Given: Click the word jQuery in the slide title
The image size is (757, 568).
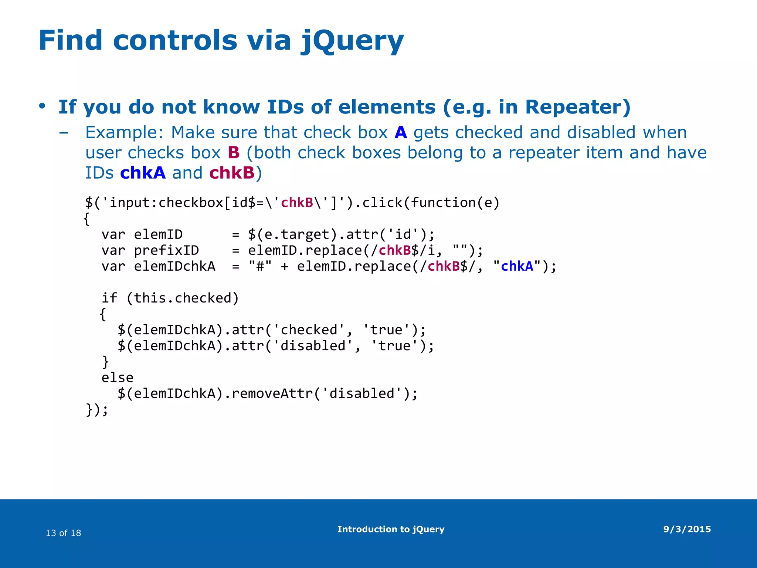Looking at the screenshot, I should (x=352, y=41).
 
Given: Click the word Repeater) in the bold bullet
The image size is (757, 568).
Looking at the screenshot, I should (x=577, y=107).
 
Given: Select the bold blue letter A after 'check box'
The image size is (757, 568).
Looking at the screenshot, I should (x=401, y=132).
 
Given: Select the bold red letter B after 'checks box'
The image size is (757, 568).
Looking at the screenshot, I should (x=234, y=153).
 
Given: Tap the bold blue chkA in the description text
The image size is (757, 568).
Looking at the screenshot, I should (x=143, y=173).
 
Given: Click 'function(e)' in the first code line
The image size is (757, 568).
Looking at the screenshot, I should (x=455, y=203).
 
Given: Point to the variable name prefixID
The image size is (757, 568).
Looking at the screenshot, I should (x=166, y=250).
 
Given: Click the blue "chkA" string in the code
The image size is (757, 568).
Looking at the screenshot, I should (x=517, y=266).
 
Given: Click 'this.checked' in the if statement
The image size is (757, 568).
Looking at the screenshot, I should (x=183, y=298).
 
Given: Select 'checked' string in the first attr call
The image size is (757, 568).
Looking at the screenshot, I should (x=309, y=330).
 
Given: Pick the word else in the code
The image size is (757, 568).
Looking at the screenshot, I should (x=117, y=378).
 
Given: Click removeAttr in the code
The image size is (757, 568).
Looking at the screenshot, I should (x=272, y=393).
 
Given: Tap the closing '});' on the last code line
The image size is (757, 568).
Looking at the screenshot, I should (x=97, y=410).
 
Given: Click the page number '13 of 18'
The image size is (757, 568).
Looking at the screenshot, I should (x=63, y=533).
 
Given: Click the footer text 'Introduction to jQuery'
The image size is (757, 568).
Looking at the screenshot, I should (x=391, y=529).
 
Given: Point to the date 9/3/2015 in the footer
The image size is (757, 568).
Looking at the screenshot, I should (x=687, y=529).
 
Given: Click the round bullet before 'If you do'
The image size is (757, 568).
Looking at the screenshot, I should (x=42, y=106).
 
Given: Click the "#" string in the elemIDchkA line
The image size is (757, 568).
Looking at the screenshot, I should (x=260, y=266).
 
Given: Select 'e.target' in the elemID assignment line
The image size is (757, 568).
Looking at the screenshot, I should (x=296, y=234).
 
